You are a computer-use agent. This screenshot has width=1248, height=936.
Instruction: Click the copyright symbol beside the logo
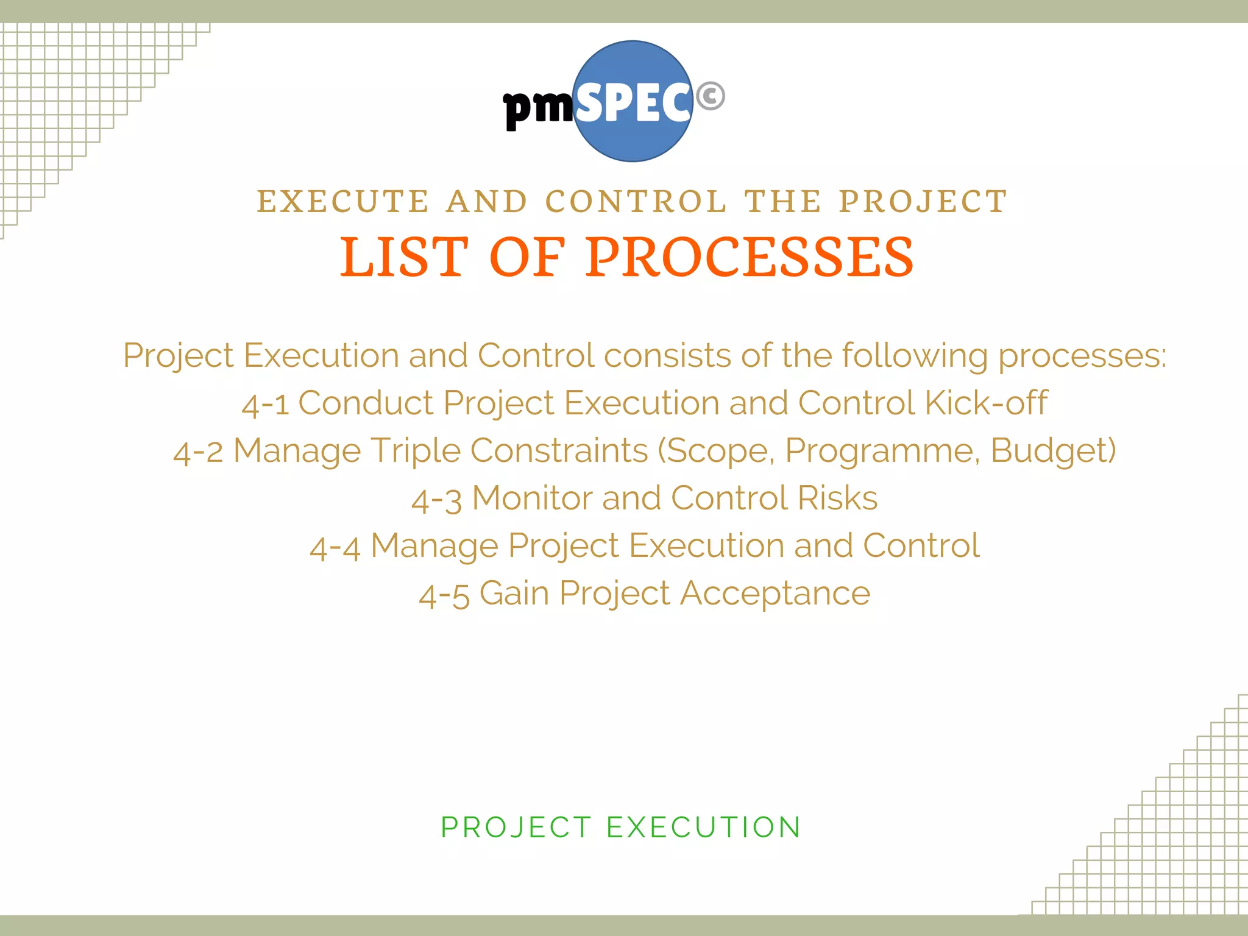[710, 96]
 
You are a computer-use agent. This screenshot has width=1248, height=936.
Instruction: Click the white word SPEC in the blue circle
[634, 104]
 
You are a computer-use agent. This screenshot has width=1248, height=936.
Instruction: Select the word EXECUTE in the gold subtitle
[343, 202]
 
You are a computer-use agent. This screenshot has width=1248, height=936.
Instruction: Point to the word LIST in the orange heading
[403, 257]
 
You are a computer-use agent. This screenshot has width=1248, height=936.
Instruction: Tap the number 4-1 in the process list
[265, 405]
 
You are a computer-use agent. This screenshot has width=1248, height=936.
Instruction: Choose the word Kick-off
[986, 403]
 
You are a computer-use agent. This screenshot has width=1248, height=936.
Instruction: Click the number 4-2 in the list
[198, 452]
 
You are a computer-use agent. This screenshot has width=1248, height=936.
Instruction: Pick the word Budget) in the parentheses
[1053, 451]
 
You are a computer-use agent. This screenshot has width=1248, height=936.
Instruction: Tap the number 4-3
[436, 500]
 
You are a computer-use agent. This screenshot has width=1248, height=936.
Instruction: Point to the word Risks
[837, 498]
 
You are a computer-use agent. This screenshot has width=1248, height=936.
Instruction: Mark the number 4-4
[335, 547]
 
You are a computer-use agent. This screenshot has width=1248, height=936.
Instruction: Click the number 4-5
[444, 595]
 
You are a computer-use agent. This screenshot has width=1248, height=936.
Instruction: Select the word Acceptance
[775, 594]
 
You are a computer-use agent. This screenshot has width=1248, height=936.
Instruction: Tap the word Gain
[514, 594]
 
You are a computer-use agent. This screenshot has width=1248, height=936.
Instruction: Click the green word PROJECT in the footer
[516, 828]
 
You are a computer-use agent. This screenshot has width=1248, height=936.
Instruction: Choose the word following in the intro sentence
[915, 356]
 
